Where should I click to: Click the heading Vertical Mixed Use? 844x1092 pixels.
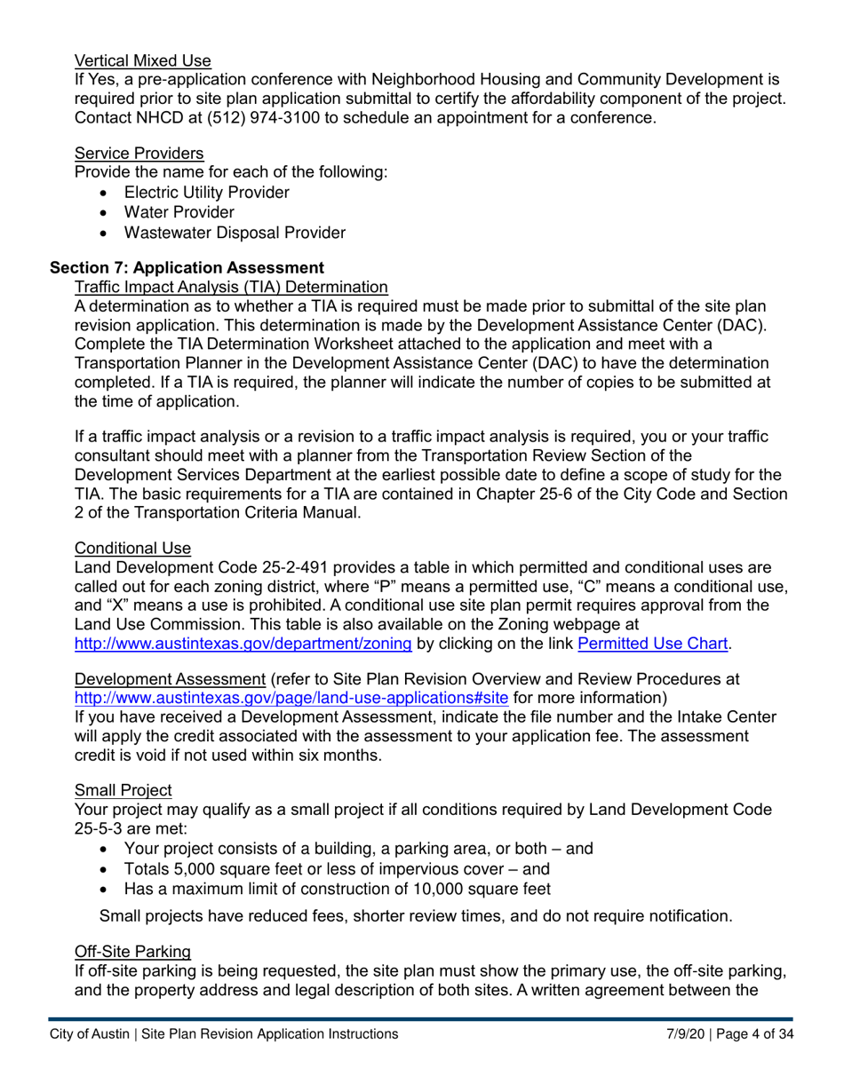point(143,61)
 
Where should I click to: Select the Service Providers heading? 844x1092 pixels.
point(139,153)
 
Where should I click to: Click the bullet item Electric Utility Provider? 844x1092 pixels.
point(206,192)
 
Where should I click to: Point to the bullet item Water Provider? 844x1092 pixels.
point(179,212)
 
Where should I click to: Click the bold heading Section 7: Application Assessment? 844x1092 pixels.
point(187,267)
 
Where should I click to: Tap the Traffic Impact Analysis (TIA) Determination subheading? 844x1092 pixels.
point(231,287)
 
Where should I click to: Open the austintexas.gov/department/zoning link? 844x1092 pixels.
point(243,644)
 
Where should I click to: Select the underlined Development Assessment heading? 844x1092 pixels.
point(170,679)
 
